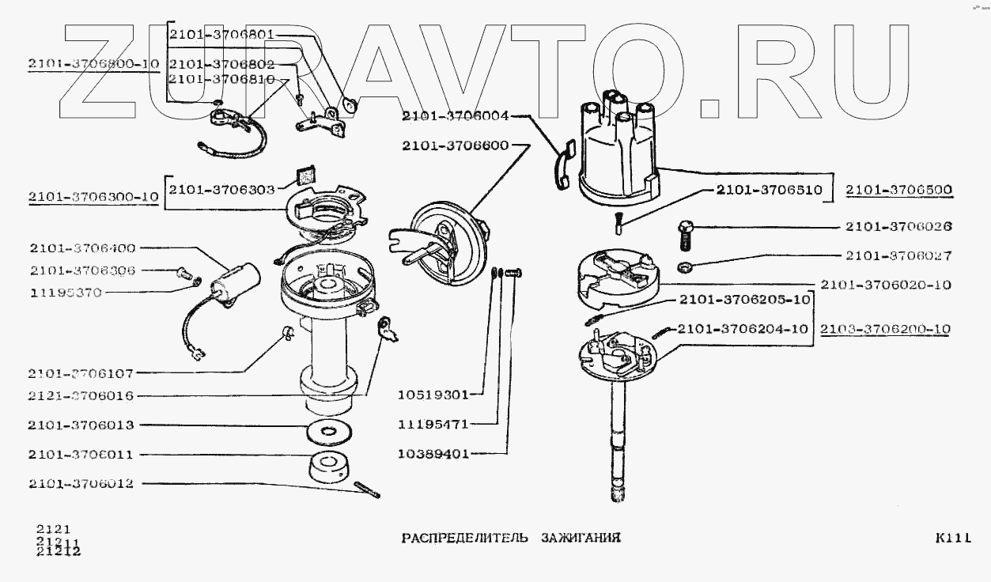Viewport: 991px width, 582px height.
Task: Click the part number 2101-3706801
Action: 222,36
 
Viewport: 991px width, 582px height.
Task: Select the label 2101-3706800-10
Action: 93,65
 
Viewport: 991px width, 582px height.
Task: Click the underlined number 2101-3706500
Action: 898,190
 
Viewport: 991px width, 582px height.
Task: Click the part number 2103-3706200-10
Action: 885,329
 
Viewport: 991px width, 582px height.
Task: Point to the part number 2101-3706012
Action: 80,484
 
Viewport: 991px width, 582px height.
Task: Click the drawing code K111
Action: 951,539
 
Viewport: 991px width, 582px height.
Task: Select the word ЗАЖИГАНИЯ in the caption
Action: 581,539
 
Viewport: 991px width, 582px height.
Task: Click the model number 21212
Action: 58,552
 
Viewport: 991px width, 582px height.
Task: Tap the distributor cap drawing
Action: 617,154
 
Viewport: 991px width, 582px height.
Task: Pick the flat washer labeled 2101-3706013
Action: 327,433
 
